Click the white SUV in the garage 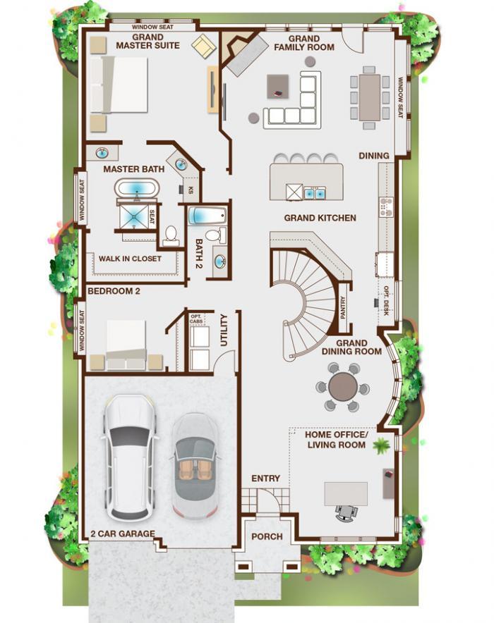tap(130, 457)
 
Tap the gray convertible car tap(195, 466)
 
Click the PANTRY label tap(343, 307)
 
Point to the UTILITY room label tap(224, 330)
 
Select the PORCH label tap(267, 537)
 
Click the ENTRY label tap(265, 479)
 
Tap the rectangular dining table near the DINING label tap(370, 98)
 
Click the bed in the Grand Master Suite tap(119, 85)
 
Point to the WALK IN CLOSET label tap(130, 259)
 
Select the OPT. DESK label tap(386, 301)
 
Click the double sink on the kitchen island tap(315, 193)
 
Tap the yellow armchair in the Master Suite tap(204, 47)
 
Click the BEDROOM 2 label tap(114, 291)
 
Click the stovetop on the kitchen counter tap(385, 206)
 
